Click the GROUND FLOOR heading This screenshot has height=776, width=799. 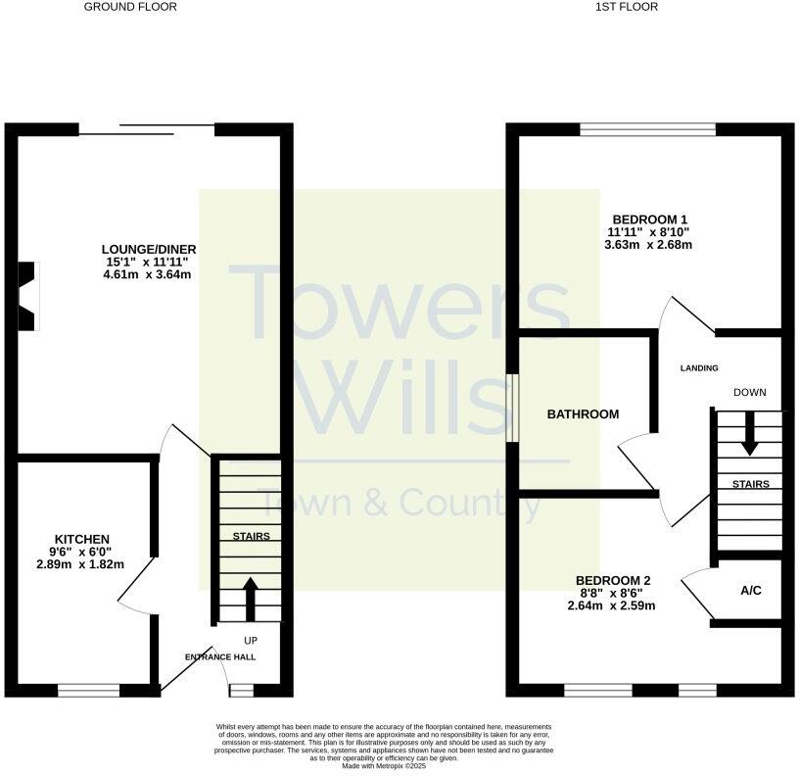pos(130,7)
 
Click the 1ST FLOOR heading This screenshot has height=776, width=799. pos(626,7)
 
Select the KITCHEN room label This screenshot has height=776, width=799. pos(81,539)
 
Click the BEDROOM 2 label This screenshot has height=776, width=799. pos(613,579)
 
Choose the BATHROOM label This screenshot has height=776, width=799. pos(583,414)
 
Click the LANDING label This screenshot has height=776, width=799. pos(700,368)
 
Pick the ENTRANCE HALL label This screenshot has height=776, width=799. pos(221,656)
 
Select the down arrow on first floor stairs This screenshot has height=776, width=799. pos(749,433)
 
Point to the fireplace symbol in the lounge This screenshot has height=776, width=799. pos(26,294)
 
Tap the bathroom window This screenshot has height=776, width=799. pos(511,408)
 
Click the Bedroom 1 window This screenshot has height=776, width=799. pos(647,128)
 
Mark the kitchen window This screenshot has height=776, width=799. pos(88,691)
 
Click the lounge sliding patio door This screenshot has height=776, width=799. pos(147,128)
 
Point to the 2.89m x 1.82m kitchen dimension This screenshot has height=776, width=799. pos(81,565)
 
